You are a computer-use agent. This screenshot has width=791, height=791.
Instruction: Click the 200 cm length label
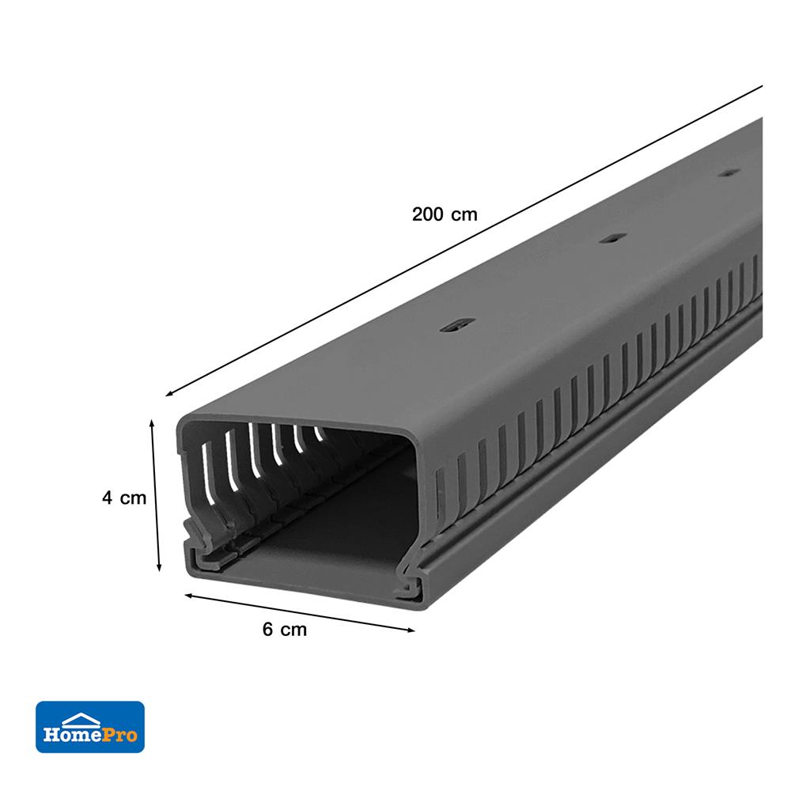(x=445, y=214)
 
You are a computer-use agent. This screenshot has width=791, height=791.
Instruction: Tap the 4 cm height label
(x=124, y=498)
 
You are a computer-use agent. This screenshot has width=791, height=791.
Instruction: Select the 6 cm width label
(x=284, y=630)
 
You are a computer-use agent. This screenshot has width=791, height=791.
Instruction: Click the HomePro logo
(x=90, y=726)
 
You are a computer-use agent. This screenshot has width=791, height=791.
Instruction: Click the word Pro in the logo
(x=119, y=736)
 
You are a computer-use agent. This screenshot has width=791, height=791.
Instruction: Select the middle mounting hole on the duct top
(x=610, y=237)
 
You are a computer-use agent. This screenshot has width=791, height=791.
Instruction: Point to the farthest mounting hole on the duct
(x=729, y=171)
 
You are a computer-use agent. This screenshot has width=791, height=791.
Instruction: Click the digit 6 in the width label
(x=267, y=630)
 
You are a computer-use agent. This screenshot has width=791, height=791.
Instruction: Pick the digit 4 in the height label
(x=106, y=498)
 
